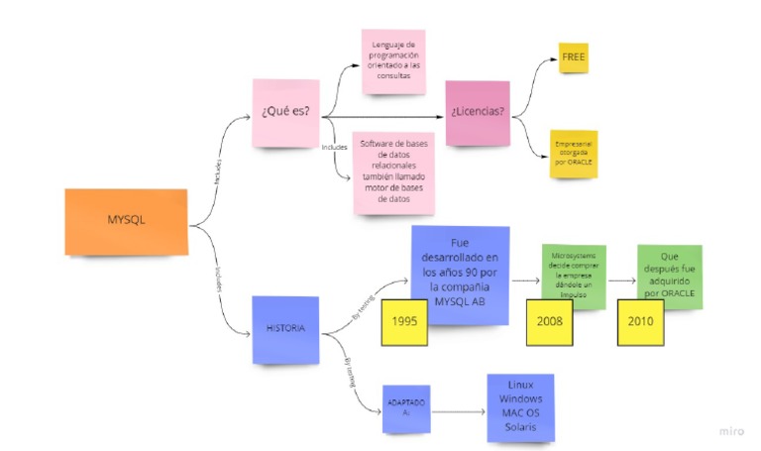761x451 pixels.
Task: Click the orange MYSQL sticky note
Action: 126,221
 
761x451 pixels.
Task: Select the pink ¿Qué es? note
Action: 285,112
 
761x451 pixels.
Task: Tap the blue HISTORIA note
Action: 284,328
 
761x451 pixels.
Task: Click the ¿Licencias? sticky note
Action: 478,112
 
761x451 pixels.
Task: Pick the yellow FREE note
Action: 573,58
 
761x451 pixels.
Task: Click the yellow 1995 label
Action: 403,321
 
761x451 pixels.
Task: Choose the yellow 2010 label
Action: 639,321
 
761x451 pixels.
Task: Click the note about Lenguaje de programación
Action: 396,60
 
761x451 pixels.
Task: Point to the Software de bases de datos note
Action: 392,171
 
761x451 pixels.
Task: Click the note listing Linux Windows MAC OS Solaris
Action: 519,405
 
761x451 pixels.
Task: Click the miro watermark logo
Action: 731,431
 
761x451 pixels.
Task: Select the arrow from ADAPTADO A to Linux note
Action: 458,409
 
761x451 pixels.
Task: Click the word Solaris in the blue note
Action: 520,426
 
